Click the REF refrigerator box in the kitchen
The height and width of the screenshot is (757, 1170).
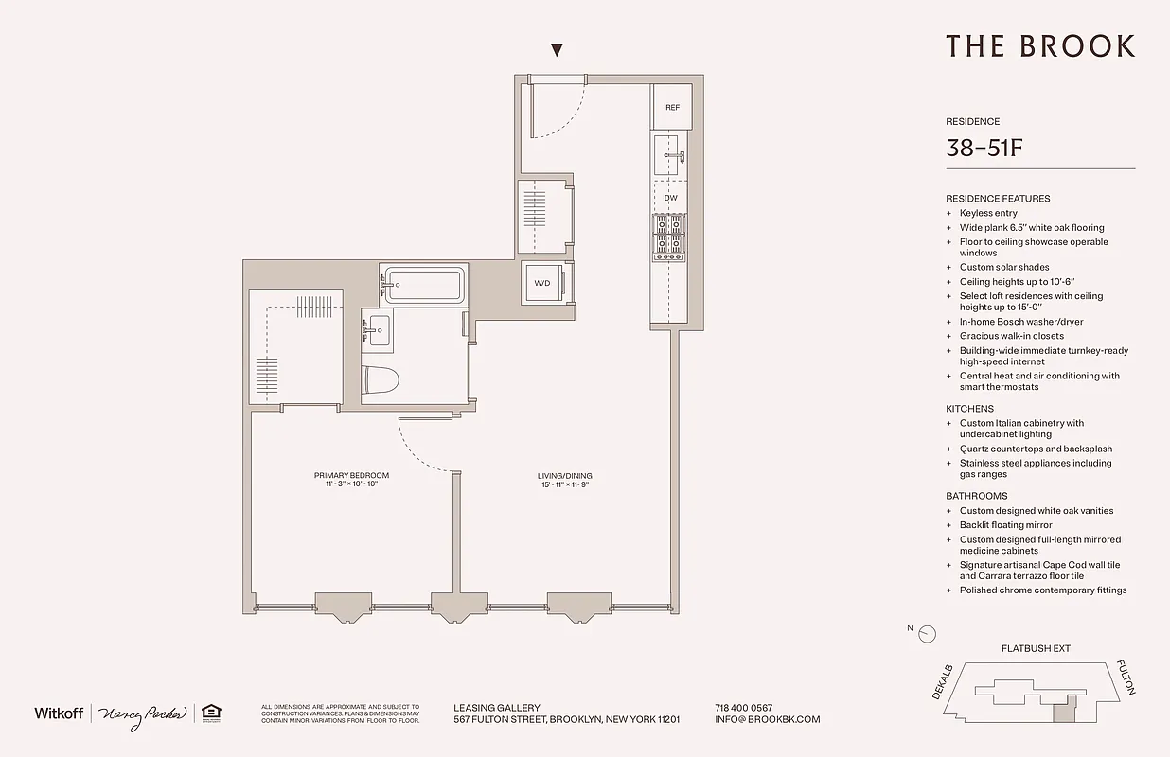[672, 107]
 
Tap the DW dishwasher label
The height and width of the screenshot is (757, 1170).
[670, 198]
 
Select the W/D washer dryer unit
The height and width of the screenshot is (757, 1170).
[542, 283]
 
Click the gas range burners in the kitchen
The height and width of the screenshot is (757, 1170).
[669, 237]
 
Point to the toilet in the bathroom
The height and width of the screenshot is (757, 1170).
[381, 379]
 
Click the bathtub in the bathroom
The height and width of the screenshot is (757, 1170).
[423, 283]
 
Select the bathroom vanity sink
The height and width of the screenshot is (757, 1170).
[379, 330]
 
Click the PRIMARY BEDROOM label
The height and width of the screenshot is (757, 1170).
[351, 475]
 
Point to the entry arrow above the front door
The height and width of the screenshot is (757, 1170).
[558, 51]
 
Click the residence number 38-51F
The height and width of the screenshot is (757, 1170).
[986, 148]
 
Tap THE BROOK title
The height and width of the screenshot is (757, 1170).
[1039, 46]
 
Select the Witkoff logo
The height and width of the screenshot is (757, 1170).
[60, 713]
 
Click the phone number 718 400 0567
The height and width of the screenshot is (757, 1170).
[744, 708]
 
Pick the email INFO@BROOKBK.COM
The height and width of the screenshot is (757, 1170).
[768, 719]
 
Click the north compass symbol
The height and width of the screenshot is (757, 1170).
[927, 634]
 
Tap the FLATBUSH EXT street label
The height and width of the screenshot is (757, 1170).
[1036, 648]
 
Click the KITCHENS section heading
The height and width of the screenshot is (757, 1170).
[969, 409]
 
